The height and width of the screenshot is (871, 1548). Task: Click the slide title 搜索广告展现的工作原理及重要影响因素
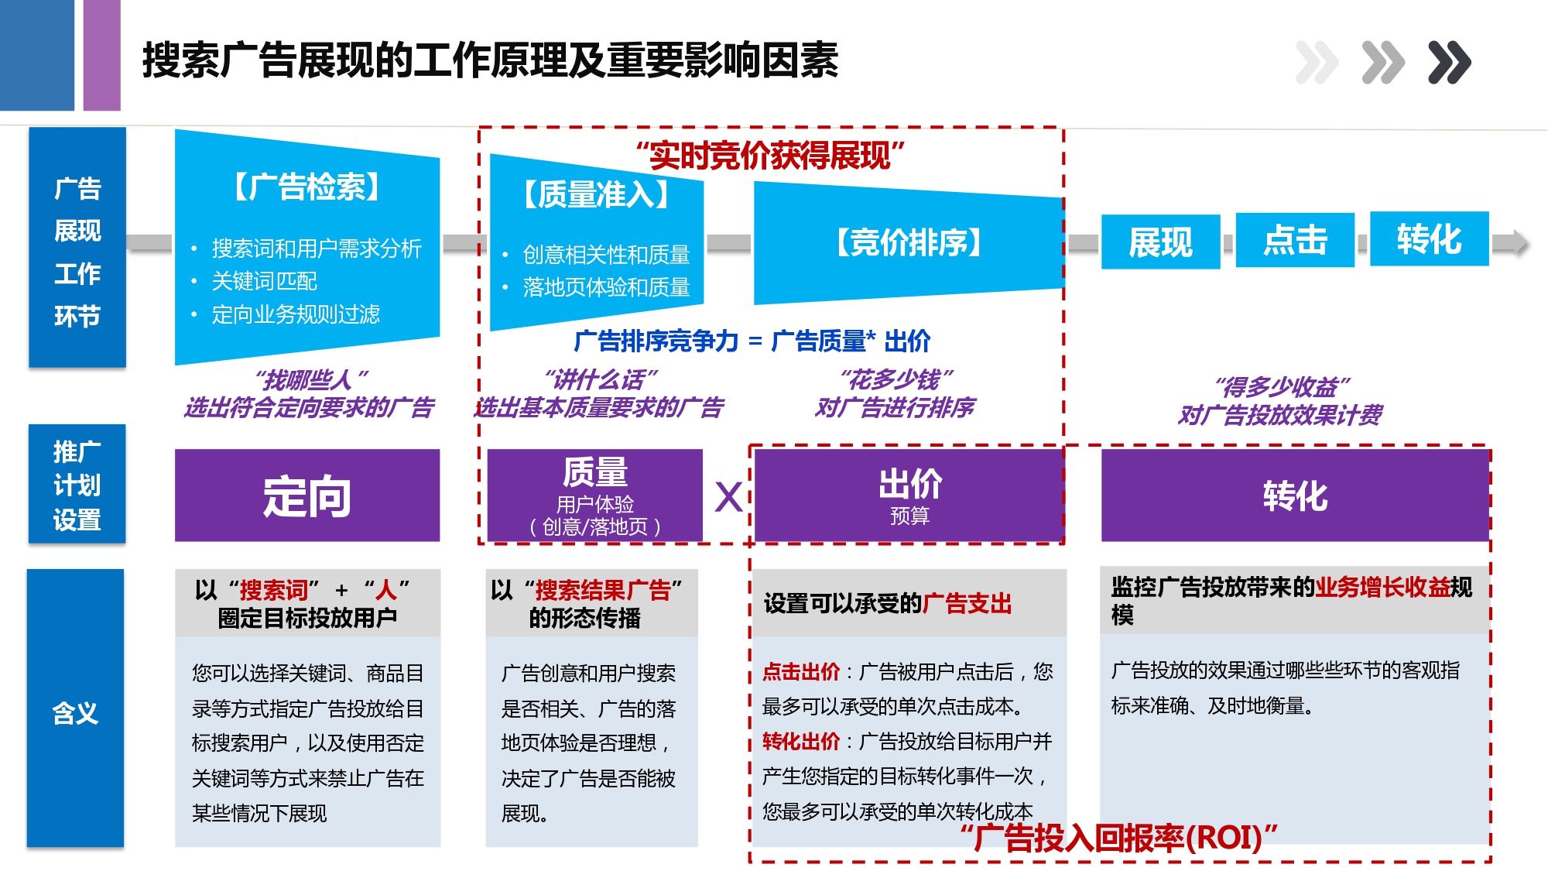pyautogui.click(x=490, y=60)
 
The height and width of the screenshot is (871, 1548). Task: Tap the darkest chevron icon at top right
pyautogui.click(x=1449, y=62)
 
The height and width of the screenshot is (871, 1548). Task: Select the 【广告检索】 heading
pyautogui.click(x=307, y=187)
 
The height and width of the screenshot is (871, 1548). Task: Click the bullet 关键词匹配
pyautogui.click(x=264, y=281)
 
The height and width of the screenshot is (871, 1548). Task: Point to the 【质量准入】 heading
pyautogui.click(x=596, y=194)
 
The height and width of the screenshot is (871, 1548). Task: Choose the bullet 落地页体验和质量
pyautogui.click(x=605, y=287)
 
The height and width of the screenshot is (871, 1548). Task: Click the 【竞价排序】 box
pyautogui.click(x=909, y=243)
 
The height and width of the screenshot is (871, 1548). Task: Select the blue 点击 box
pyautogui.click(x=1295, y=240)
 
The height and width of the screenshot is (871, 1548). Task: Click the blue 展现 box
pyautogui.click(x=1160, y=242)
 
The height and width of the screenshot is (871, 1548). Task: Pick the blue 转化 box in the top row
pyautogui.click(x=1429, y=239)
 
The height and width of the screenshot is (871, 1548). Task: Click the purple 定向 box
pyautogui.click(x=307, y=496)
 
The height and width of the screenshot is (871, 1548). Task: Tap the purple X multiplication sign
pyautogui.click(x=728, y=497)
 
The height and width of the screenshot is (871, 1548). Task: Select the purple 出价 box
pyautogui.click(x=909, y=496)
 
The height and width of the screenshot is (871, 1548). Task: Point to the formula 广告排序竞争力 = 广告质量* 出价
pyautogui.click(x=752, y=341)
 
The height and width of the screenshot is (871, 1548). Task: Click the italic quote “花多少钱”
pyautogui.click(x=896, y=379)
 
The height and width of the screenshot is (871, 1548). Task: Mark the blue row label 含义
pyautogui.click(x=75, y=712)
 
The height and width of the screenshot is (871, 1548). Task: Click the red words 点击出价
pyautogui.click(x=800, y=672)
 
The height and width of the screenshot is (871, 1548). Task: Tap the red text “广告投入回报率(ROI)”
pyautogui.click(x=1118, y=838)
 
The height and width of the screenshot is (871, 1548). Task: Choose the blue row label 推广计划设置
pyautogui.click(x=77, y=485)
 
